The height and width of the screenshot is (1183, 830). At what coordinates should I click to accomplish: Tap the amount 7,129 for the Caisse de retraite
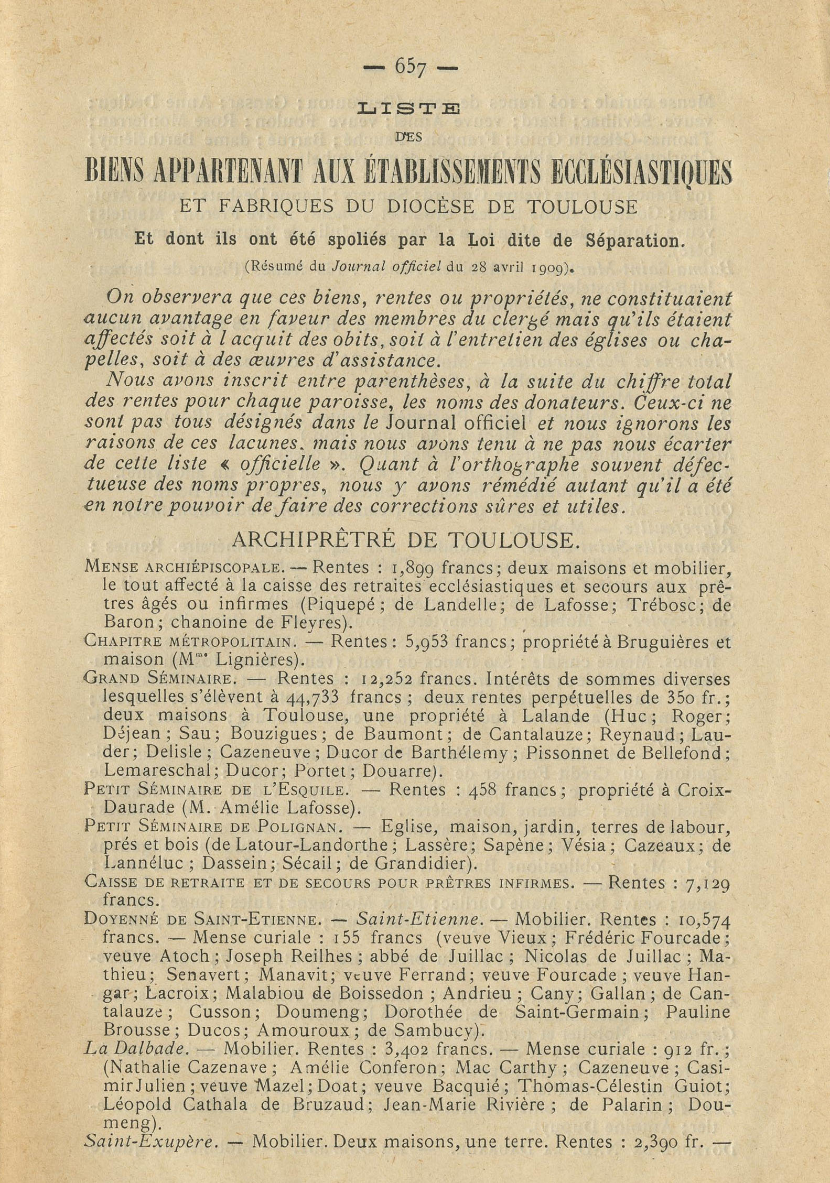coord(708,883)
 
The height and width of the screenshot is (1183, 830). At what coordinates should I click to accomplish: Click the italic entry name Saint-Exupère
coord(150,1142)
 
